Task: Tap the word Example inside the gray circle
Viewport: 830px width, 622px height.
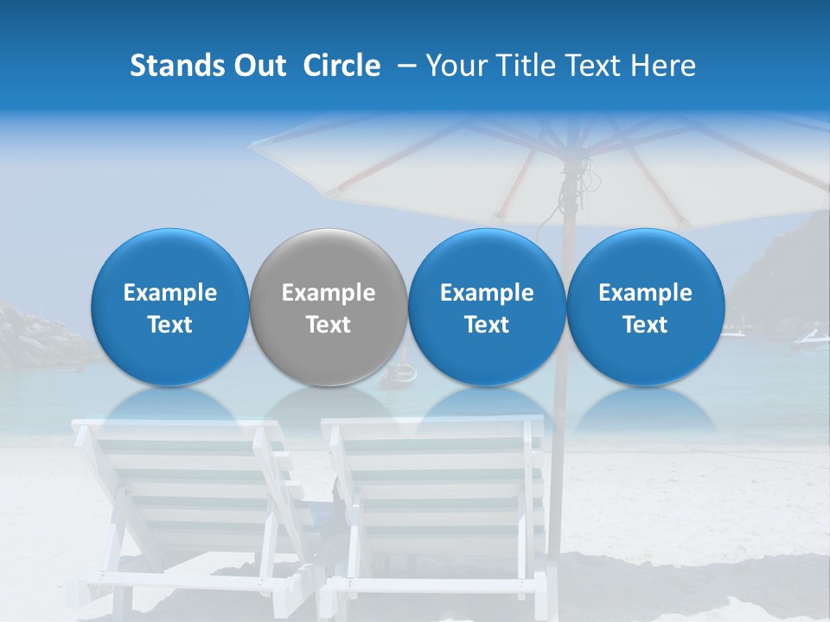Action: coord(329,293)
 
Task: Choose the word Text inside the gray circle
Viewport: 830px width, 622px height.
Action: coord(329,325)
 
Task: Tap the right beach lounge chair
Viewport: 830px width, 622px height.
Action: coord(432,501)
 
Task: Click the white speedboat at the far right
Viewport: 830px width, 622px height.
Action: coord(808,340)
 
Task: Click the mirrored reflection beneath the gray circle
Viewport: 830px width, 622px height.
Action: coord(329,406)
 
